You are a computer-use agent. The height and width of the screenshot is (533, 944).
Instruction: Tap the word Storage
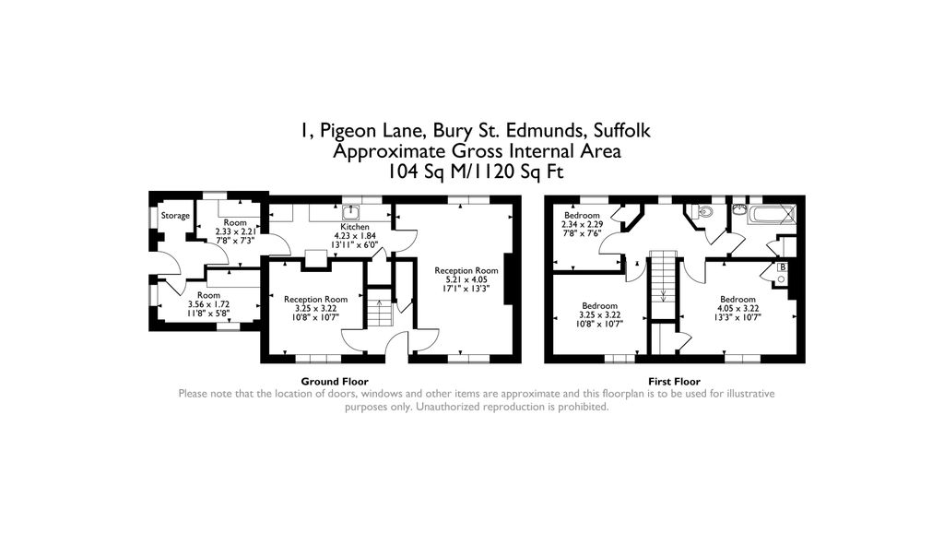(175, 216)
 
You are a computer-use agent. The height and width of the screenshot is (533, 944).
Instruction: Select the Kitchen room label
(355, 227)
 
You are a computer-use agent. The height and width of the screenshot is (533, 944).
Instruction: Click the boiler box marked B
(783, 268)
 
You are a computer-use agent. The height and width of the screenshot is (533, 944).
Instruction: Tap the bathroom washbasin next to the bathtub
(739, 209)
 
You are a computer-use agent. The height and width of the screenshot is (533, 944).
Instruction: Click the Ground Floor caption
(335, 381)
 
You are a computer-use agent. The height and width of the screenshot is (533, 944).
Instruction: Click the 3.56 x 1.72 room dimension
(203, 304)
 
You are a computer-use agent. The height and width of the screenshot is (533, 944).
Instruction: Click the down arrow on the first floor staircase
(663, 295)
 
